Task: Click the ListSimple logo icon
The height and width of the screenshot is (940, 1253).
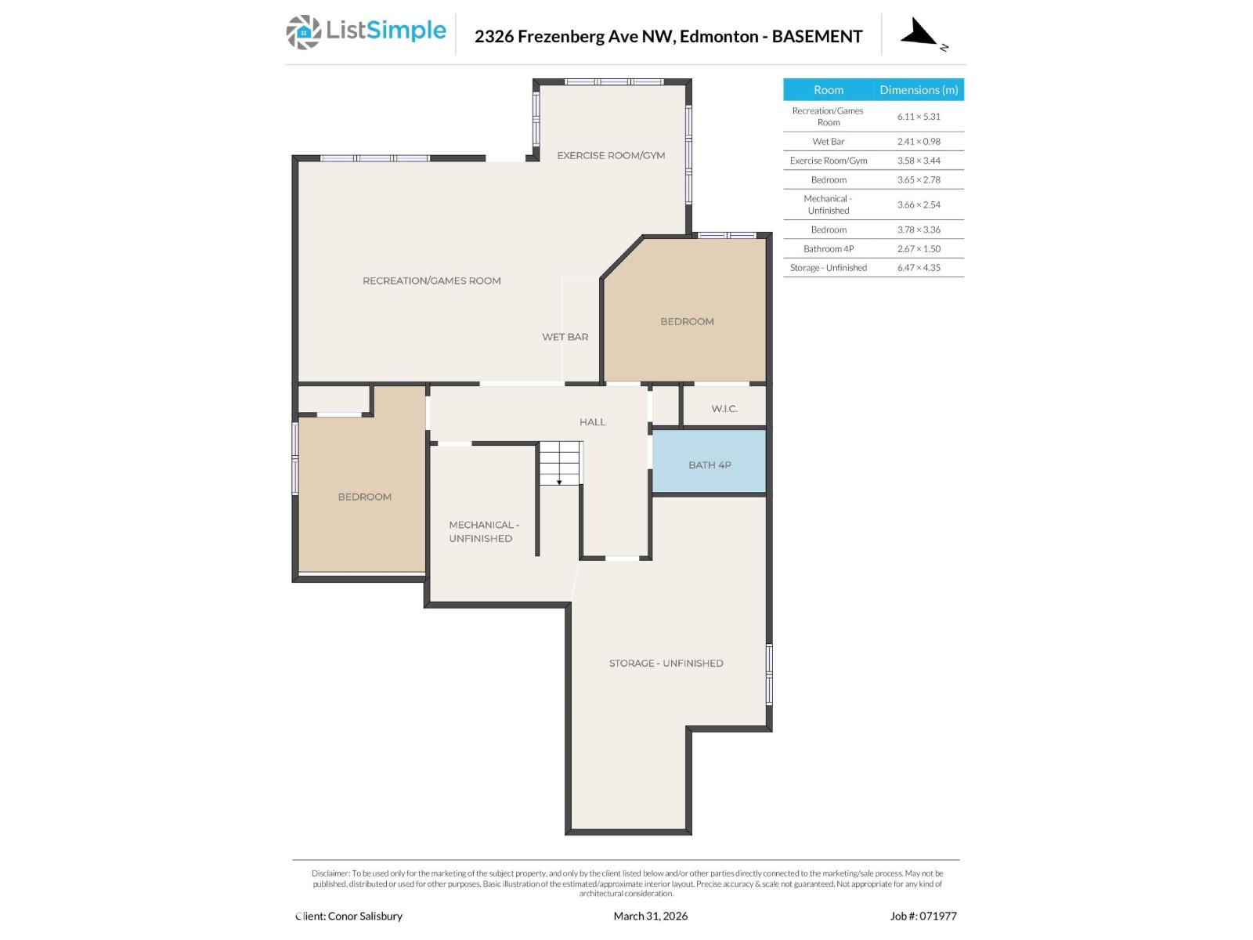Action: [x=303, y=32]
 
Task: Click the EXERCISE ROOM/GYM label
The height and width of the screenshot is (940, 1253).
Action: [x=611, y=155]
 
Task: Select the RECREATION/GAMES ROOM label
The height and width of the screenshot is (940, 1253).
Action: [x=432, y=280]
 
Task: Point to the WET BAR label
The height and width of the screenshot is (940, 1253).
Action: [x=565, y=337]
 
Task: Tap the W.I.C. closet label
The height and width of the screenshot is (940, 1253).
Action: [x=724, y=409]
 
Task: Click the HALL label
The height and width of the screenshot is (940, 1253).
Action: [x=592, y=422]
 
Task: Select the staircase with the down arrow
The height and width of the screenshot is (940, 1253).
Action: [x=560, y=464]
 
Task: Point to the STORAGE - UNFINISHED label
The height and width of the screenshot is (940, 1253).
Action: [x=666, y=663]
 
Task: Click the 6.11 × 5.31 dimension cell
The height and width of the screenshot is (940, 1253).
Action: [x=919, y=116]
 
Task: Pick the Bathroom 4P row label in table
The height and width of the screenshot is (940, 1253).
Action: [x=829, y=249]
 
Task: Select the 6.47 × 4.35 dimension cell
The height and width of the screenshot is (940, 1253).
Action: [x=919, y=268]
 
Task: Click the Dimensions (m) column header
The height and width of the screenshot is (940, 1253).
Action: [x=919, y=90]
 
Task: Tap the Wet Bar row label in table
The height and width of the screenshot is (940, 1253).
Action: [x=829, y=142]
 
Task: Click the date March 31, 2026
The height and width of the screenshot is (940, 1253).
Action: [x=650, y=916]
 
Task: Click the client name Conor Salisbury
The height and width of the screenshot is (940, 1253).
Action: [x=365, y=916]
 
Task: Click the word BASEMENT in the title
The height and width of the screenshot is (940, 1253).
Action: [x=817, y=36]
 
